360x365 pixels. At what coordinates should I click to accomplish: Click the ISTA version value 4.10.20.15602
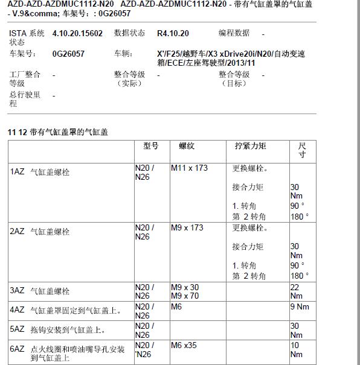click(78, 33)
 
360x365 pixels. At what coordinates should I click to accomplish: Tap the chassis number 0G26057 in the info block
click(68, 54)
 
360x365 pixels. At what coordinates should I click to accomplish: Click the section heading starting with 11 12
click(58, 132)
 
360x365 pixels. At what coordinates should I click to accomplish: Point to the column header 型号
click(151, 146)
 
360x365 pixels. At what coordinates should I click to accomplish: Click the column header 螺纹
click(187, 146)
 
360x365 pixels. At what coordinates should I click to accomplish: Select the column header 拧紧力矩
click(250, 146)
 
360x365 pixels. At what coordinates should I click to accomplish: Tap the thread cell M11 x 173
click(189, 168)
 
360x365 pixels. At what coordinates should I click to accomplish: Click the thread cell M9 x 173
click(187, 227)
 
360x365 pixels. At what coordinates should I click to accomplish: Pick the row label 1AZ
click(17, 172)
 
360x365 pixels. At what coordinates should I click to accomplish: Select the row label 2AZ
click(17, 232)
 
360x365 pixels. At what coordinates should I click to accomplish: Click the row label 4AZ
click(17, 310)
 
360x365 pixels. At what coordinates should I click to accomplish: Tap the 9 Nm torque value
click(299, 306)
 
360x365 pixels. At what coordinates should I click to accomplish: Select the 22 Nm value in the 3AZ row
click(295, 291)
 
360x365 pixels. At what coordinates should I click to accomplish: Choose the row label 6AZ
click(17, 349)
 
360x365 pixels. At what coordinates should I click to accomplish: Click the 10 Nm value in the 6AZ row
click(295, 349)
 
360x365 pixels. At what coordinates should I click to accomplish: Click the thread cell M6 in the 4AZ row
click(177, 306)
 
